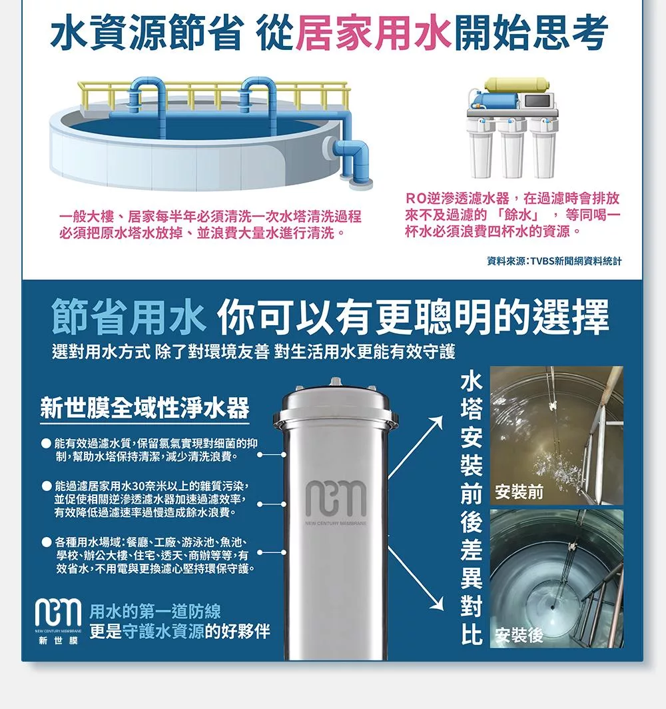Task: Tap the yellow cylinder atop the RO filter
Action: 517,85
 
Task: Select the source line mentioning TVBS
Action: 554,261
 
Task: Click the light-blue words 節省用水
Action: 129,317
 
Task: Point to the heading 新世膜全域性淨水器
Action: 145,408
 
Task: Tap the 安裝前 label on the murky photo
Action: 519,492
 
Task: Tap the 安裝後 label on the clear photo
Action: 519,635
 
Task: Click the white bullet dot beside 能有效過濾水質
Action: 46,443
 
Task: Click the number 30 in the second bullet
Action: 138,486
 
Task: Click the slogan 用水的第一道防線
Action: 155,611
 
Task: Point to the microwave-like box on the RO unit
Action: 536,100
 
